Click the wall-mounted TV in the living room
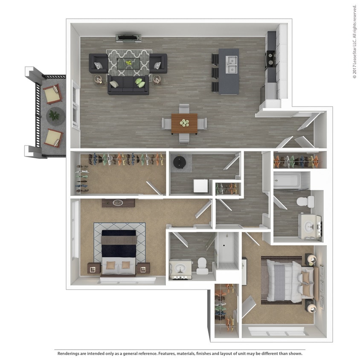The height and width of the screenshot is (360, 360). tap(129, 38)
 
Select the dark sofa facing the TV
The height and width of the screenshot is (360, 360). tap(128, 84)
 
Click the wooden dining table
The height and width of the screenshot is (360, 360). tap(184, 123)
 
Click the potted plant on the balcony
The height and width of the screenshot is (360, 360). tap(54, 114)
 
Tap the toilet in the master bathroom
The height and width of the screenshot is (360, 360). tap(202, 265)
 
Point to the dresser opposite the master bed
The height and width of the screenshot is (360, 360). tap(118, 203)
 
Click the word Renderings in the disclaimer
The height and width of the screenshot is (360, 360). tap(69, 354)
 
